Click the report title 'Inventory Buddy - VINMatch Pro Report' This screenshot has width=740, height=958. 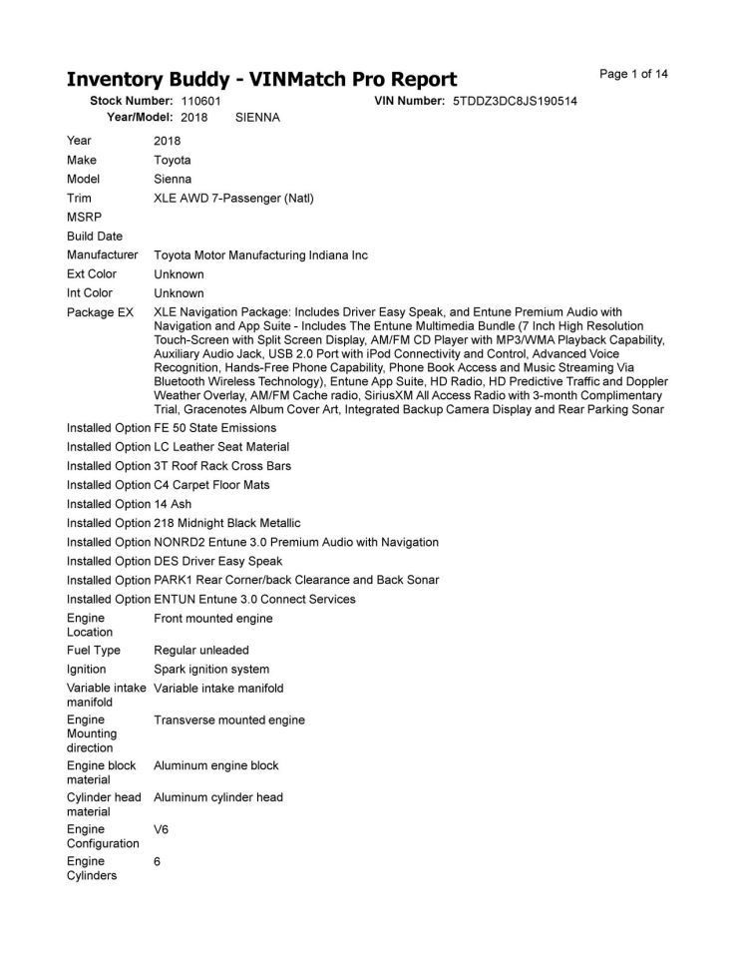click(261, 80)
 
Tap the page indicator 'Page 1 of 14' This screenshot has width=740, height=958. click(633, 74)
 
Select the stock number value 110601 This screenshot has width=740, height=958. click(200, 101)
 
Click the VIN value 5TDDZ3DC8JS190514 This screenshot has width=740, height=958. click(515, 101)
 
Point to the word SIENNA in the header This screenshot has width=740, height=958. click(257, 117)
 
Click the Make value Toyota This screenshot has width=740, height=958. click(172, 160)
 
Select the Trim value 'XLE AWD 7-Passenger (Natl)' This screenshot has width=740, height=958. click(233, 198)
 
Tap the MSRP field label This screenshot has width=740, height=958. click(84, 217)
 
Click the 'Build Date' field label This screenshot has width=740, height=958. click(95, 237)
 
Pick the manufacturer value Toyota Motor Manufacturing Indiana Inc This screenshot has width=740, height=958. click(260, 255)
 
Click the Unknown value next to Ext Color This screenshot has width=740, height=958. click(179, 274)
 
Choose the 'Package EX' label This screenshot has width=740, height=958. click(100, 312)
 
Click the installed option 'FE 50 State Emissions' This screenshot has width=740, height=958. click(214, 428)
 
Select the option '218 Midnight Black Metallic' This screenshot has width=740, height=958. click(226, 523)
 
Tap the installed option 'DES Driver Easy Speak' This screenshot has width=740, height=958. click(217, 561)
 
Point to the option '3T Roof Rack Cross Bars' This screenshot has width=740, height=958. click(221, 466)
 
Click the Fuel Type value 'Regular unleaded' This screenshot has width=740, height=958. click(201, 651)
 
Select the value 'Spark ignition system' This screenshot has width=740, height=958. click(211, 670)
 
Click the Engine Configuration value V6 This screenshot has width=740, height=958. click(162, 829)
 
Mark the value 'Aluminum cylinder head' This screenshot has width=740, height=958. click(218, 797)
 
